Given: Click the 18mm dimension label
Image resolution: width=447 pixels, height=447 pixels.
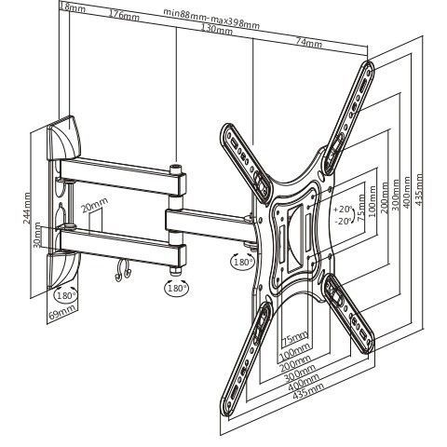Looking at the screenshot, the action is (73, 7).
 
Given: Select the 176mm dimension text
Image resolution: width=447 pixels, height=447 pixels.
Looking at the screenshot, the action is (124, 15).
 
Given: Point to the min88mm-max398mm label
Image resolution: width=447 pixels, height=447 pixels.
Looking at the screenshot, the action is (211, 19).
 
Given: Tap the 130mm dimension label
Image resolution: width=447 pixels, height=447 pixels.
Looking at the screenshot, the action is (217, 29).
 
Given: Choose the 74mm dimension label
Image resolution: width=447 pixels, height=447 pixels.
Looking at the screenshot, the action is (308, 42).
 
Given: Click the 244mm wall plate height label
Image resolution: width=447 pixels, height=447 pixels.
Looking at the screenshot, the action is (27, 208).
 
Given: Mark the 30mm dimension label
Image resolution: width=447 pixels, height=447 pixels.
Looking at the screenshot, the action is (37, 235).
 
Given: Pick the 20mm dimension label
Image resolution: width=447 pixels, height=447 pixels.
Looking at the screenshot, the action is (94, 204).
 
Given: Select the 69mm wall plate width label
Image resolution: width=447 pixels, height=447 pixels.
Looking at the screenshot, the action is (62, 313).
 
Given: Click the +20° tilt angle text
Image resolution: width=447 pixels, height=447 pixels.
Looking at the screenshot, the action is (344, 209).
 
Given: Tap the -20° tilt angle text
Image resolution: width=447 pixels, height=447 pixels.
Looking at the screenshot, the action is (344, 221).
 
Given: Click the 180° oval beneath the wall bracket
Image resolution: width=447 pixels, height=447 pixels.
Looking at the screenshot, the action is (66, 294).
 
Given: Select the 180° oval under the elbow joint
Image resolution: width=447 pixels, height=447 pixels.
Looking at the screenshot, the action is (176, 288).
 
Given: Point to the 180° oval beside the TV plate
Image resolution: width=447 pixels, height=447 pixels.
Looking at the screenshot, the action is (243, 262).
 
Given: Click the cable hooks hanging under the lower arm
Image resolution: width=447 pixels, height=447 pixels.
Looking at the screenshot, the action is (122, 271).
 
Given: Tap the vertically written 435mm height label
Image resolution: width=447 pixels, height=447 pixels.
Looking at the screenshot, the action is (419, 189).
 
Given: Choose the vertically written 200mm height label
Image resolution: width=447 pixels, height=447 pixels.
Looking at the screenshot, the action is (385, 197).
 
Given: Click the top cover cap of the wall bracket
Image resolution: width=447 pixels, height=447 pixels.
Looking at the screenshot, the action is (64, 138).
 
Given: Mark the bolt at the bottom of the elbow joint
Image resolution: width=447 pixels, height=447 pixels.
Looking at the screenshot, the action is (176, 271).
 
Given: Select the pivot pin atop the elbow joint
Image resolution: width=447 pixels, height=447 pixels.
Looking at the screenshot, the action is (176, 169).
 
